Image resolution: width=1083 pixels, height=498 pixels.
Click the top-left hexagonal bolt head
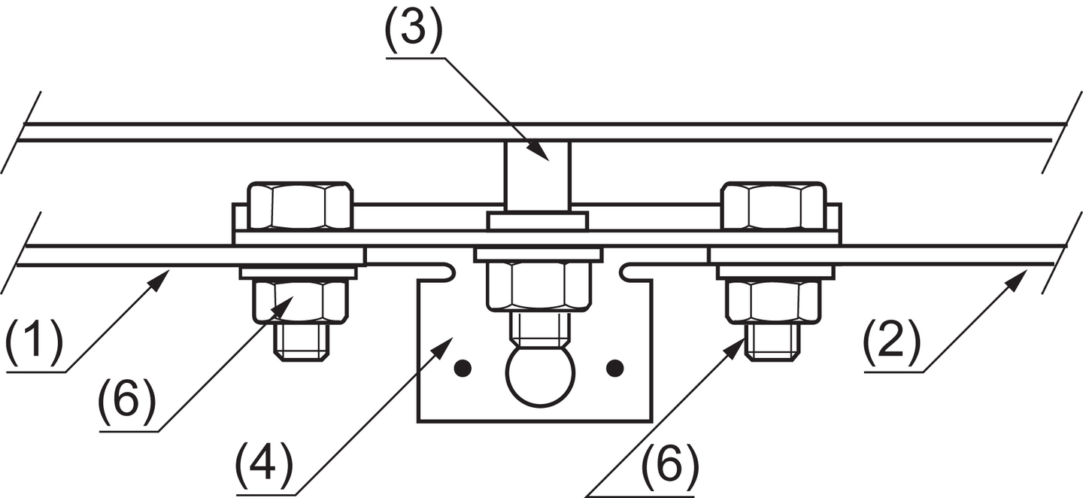(300, 205)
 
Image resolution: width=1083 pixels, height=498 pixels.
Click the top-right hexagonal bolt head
(773, 205)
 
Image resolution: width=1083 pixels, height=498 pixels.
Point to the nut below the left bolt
(300, 300)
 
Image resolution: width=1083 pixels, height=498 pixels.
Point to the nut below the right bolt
(772, 300)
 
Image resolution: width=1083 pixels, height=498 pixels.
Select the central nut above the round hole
(537, 287)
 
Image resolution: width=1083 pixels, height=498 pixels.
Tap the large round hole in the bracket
(540, 375)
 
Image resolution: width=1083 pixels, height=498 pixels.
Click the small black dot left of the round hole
(463, 368)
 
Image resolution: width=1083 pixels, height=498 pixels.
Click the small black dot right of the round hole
(615, 368)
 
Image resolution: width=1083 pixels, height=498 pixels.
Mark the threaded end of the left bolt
(300, 342)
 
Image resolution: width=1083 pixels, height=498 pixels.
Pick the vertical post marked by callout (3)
(537, 176)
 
